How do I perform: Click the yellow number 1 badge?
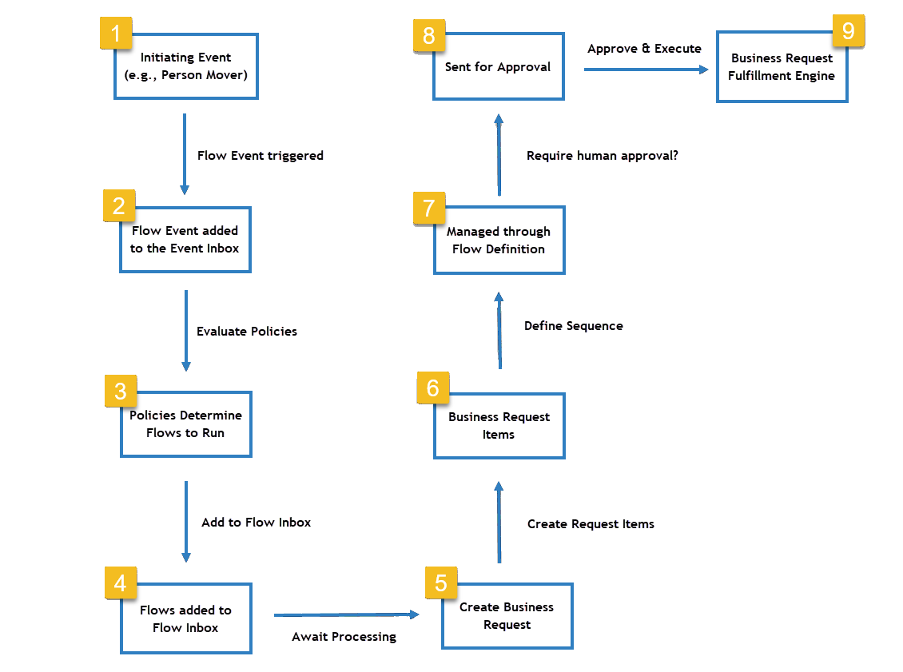[115, 34]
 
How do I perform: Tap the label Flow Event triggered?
[260, 156]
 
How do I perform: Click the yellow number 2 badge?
[119, 206]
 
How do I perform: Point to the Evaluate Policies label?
[247, 331]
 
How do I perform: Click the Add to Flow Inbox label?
[256, 522]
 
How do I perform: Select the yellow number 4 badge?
[121, 583]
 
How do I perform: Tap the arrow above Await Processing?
[345, 614]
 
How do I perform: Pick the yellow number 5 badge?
[440, 583]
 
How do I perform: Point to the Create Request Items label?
[591, 524]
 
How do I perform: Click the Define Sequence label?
[573, 326]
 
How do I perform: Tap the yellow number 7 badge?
[429, 208]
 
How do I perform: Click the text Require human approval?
[602, 156]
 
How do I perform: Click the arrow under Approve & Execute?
[646, 70]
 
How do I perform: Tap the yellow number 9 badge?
[848, 31]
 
